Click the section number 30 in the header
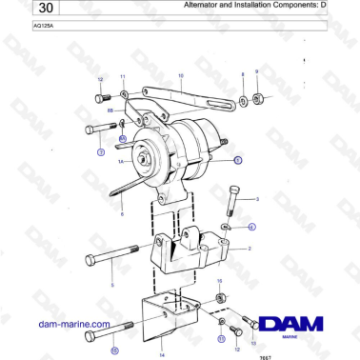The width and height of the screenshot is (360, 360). coord(21,9)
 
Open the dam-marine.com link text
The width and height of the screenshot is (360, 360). coord(72,324)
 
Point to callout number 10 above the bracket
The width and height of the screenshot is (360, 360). coord(181,74)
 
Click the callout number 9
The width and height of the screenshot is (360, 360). coord(256,72)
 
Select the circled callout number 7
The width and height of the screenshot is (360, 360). coord(100,151)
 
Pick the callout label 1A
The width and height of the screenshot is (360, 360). coord(121,163)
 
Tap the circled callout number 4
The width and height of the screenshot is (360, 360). coord(251,227)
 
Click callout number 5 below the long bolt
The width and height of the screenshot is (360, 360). coord(111,284)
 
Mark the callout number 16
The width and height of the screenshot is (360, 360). coord(220,282)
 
